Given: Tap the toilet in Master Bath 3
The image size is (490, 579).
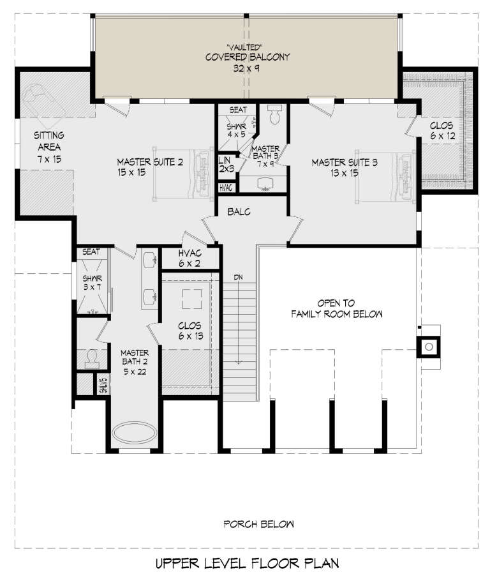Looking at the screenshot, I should pyautogui.click(x=275, y=115).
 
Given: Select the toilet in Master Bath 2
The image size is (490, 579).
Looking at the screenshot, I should pyautogui.click(x=91, y=358).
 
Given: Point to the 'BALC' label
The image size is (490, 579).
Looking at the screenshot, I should pyautogui.click(x=239, y=211).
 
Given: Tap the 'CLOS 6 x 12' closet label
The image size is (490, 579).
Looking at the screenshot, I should pyautogui.click(x=442, y=132).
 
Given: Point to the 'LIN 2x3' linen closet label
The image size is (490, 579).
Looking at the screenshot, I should pyautogui.click(x=225, y=164).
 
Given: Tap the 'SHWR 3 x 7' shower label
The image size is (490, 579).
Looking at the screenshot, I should pyautogui.click(x=91, y=283).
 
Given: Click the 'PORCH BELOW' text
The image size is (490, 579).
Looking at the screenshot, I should pyautogui.click(x=258, y=525).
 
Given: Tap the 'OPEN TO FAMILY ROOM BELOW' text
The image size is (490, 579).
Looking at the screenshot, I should pyautogui.click(x=337, y=308).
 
